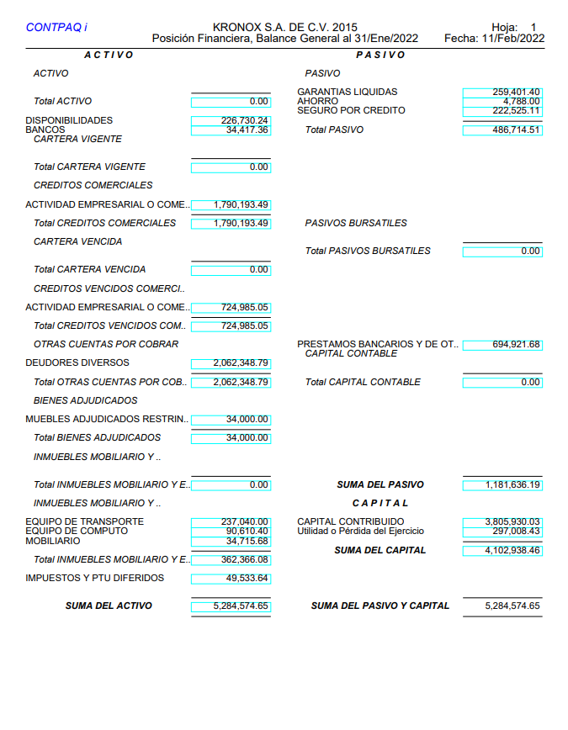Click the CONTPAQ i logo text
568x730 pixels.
coord(56,28)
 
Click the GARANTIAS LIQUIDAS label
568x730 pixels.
coord(347,92)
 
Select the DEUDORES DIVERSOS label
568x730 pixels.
coord(77,362)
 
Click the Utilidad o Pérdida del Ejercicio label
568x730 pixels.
coord(360,532)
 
